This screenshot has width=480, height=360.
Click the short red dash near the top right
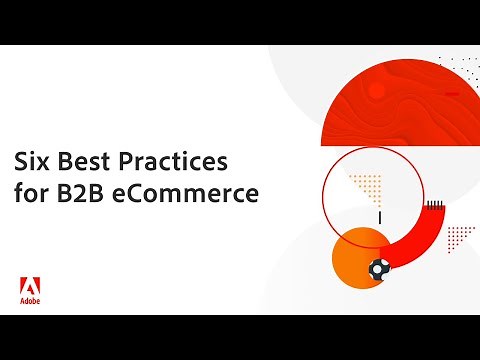[452, 96]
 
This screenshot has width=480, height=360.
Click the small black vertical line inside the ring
[378, 217]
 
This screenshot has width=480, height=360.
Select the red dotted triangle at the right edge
[460, 235]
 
